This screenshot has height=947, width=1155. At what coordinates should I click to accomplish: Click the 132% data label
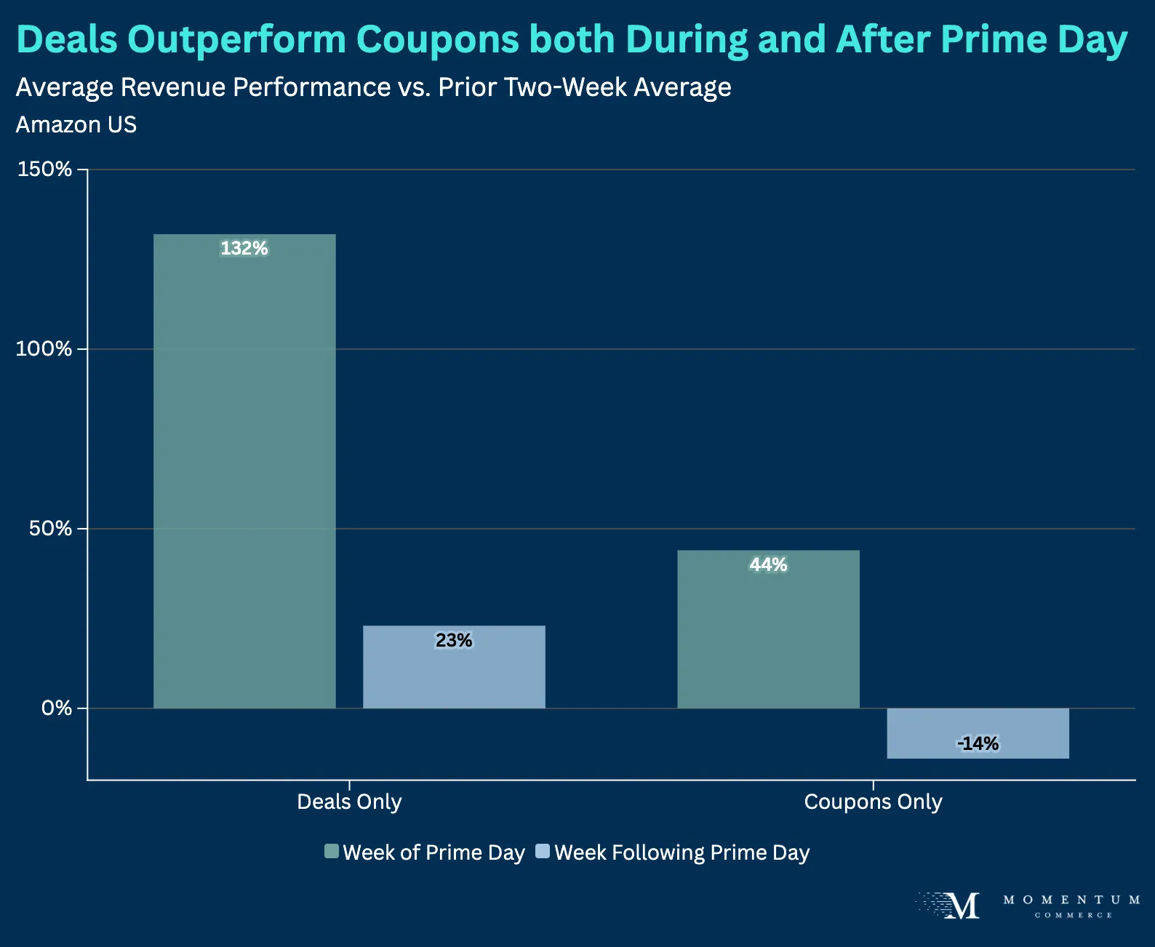point(244,249)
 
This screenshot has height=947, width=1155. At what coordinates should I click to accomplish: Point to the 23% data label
point(454,640)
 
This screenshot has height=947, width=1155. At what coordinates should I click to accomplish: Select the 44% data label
point(768,565)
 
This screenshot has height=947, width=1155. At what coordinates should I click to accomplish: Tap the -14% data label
point(978,743)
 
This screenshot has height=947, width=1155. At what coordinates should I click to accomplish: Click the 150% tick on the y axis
point(45,169)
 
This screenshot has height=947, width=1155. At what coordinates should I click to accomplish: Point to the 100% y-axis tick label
point(45,349)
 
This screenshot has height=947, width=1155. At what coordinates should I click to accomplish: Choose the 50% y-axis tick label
point(51,529)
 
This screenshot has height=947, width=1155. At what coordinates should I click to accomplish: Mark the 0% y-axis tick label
point(57,708)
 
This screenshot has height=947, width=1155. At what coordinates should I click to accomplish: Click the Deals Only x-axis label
point(349,802)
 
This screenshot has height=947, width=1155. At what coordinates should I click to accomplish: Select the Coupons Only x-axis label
point(873,802)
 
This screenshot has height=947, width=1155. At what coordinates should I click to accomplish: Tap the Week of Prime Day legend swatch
point(332,852)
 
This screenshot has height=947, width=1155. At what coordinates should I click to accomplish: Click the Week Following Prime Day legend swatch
point(543,852)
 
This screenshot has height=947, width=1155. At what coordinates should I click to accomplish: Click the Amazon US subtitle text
point(76,125)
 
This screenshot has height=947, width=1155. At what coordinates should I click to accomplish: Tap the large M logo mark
point(962,906)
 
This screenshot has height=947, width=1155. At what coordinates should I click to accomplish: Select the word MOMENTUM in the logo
point(1071,900)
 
